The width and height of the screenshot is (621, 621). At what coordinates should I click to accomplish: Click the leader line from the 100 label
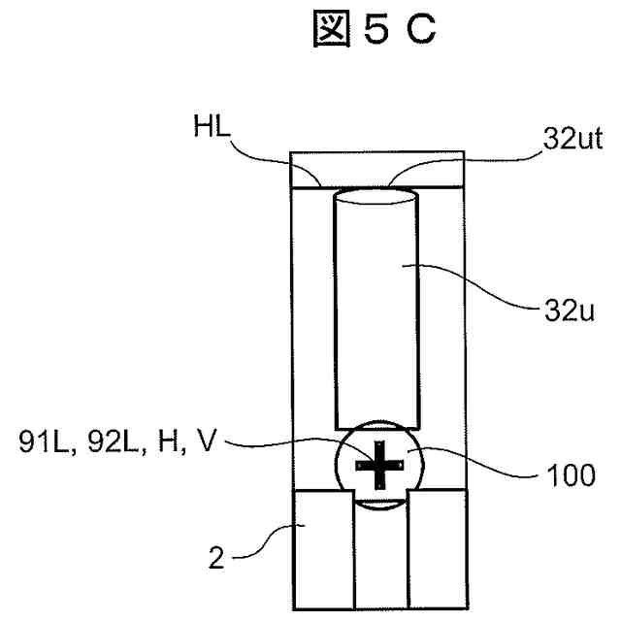click(x=480, y=468)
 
